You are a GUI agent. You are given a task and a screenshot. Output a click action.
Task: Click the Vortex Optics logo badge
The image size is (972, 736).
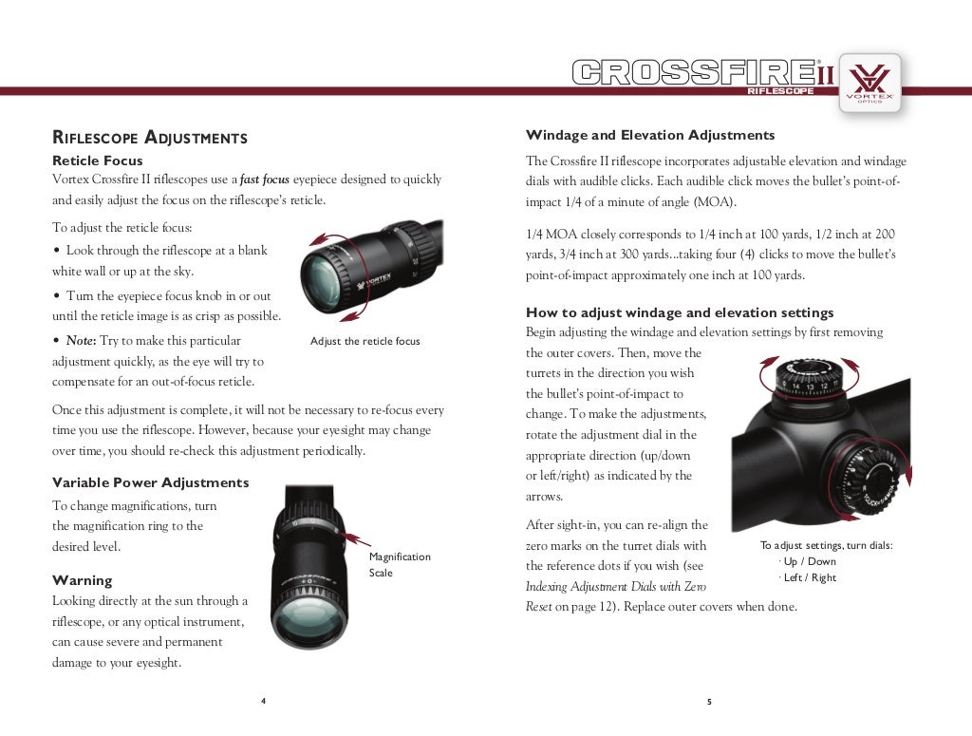point(869,83)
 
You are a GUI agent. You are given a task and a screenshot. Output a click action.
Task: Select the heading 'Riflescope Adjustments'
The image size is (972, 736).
point(149,138)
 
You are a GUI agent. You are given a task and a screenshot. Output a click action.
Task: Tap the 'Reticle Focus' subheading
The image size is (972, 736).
point(98,160)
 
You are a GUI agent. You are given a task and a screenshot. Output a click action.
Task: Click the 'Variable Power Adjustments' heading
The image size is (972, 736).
point(150,482)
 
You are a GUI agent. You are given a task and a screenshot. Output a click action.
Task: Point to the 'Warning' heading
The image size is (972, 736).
point(82,580)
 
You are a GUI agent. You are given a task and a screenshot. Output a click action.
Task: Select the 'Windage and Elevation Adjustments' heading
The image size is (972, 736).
point(650,135)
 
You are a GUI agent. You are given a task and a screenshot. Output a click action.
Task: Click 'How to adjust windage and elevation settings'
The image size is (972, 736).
point(680,312)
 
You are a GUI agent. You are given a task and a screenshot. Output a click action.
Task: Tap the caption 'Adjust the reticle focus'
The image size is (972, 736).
point(364,341)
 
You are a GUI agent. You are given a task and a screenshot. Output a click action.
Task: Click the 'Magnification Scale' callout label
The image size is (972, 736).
point(399,564)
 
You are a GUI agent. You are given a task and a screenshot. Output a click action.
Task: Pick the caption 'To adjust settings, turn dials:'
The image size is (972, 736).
point(826,545)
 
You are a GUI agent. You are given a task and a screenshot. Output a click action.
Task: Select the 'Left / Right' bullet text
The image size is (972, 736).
point(810,577)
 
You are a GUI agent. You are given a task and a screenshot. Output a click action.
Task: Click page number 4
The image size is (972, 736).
point(263,701)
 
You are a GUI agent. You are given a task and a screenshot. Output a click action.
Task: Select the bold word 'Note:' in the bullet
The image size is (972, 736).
point(82,340)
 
